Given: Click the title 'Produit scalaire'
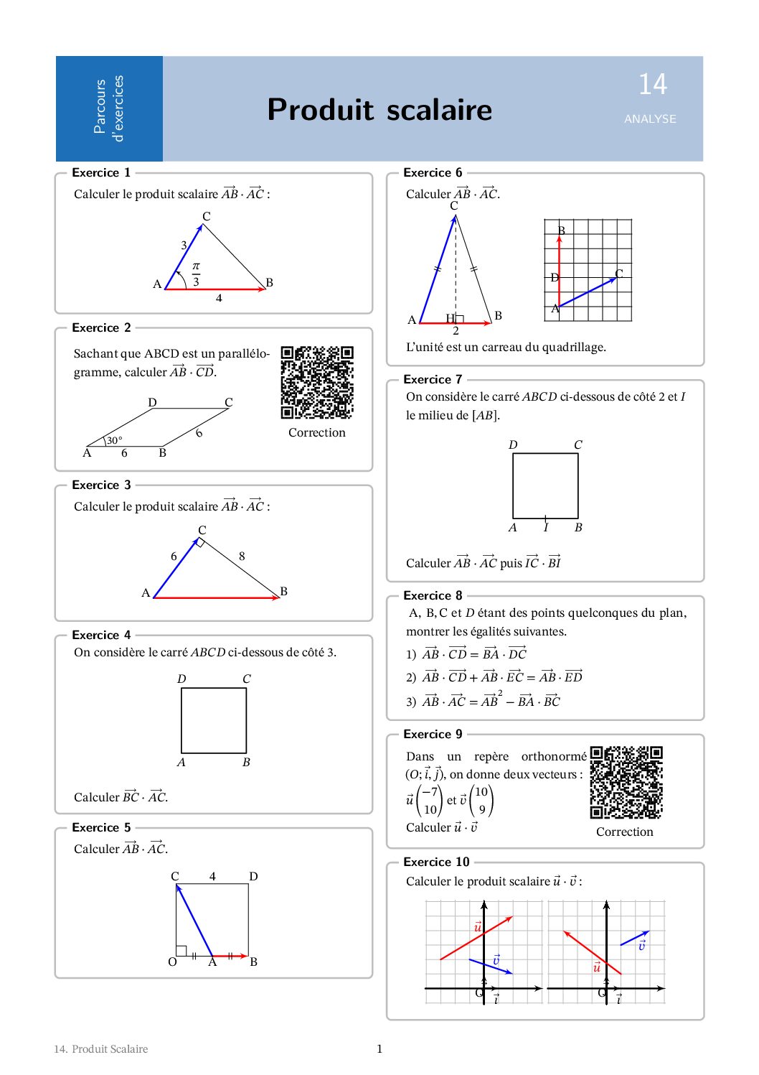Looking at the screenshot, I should (379, 110).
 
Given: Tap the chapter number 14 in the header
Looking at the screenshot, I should (653, 85).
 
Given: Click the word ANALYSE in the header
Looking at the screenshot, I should (650, 119).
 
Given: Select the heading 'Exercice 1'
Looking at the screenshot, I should (101, 173).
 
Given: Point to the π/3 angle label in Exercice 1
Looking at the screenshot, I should (196, 274).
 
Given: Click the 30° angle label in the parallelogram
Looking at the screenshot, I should (115, 440).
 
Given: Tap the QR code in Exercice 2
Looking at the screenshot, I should (317, 383).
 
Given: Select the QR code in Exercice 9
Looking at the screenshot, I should (626, 783).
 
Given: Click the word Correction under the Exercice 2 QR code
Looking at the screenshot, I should (317, 433).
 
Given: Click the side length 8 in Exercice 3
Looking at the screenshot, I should (242, 556).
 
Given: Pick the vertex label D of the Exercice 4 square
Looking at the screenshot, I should (181, 679).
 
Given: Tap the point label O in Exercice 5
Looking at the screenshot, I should (172, 962).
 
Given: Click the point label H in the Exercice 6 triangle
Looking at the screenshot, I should (450, 318).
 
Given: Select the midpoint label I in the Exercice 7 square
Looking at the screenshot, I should (546, 528).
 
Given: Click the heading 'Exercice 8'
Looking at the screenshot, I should (433, 596).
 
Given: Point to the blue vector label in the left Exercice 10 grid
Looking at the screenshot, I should (496, 960).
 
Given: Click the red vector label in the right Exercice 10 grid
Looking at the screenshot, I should (596, 967).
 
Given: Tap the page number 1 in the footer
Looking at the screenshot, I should (379, 1049).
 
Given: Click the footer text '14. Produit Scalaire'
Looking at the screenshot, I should (101, 1049).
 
